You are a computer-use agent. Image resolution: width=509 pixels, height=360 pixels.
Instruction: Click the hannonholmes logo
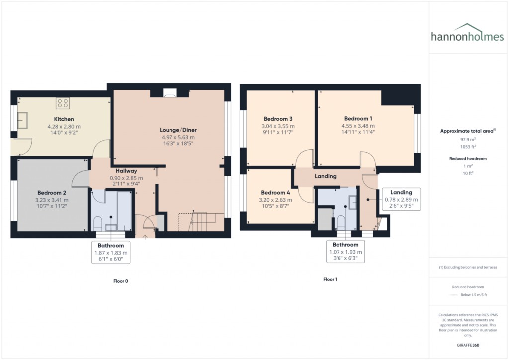point(468,34)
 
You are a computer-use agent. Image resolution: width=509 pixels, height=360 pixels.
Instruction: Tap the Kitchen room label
point(64,119)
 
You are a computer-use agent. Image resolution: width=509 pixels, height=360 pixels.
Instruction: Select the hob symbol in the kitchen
point(63,103)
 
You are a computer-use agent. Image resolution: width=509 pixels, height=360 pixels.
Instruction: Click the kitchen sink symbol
point(22,119)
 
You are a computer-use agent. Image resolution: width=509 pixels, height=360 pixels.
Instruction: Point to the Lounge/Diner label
point(178,130)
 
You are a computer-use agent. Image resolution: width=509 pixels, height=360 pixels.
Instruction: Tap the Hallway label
point(126,171)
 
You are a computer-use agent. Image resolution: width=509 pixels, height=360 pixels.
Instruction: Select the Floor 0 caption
point(120,281)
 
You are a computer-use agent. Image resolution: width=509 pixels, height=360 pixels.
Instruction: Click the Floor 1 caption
point(330,279)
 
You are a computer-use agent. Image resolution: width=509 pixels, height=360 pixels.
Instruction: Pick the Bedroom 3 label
point(278,119)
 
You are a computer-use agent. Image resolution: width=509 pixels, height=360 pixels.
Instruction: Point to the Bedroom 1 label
point(358,119)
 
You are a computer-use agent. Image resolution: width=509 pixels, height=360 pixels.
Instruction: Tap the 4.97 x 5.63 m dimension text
point(178,137)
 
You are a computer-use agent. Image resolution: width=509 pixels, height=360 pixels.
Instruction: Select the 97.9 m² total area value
point(468,140)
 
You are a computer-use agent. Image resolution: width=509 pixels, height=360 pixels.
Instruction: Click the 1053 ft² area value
point(468,147)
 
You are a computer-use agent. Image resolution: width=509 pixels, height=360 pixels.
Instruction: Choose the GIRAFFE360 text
point(468,345)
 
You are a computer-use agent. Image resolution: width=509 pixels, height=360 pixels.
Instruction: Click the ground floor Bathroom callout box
point(111,252)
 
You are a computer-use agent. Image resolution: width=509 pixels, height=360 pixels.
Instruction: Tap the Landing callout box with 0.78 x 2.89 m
point(401,199)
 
